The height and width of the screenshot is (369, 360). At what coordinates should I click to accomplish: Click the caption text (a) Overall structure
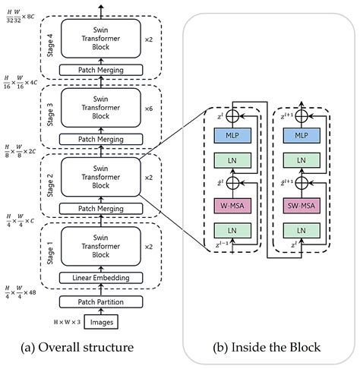tap(79, 348)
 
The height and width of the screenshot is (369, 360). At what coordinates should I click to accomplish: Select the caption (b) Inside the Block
tap(268, 348)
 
